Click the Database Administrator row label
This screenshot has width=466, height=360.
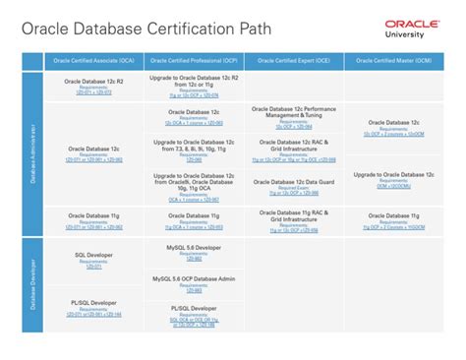tap(32, 152)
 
